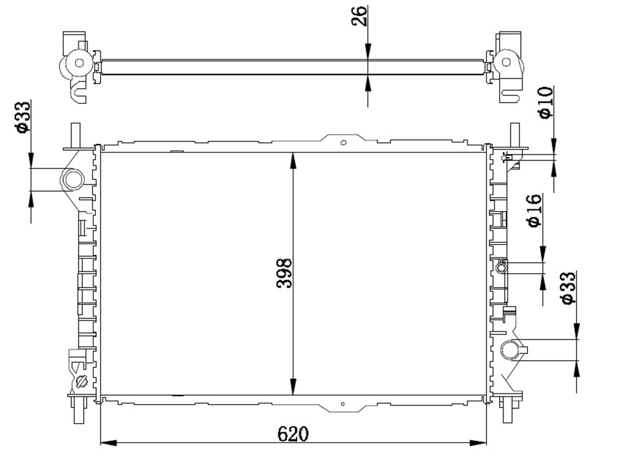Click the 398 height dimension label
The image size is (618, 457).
(284, 273)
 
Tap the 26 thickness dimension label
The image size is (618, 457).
(359, 16)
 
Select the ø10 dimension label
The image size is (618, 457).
(545, 102)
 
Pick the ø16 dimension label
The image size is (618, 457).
(535, 210)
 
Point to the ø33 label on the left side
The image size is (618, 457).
(22, 117)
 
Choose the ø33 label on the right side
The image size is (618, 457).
(568, 288)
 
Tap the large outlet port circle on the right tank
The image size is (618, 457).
(510, 350)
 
